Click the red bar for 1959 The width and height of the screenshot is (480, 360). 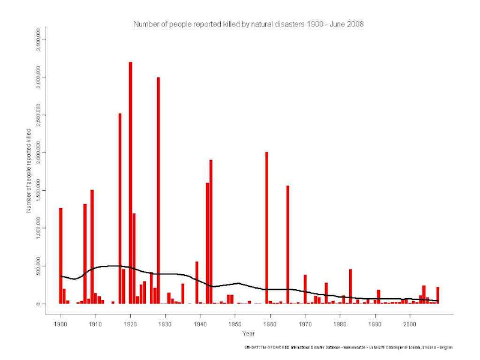(266, 228)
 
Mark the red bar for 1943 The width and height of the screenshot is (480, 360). (211, 232)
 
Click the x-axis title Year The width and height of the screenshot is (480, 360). (248, 333)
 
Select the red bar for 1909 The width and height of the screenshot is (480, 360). (92, 247)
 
